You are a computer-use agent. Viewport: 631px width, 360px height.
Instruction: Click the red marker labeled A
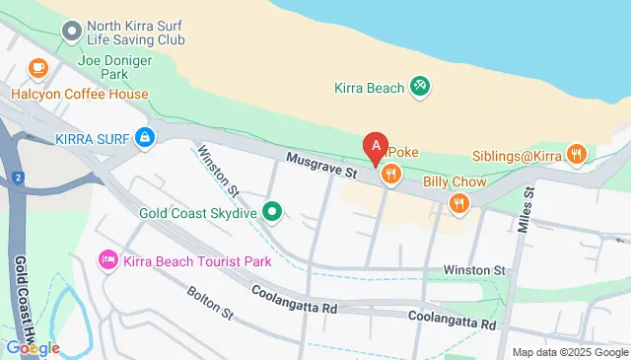(376, 149)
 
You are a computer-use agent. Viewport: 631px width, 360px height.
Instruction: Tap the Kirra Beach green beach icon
(420, 88)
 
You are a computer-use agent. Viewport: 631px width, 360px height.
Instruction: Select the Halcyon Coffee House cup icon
(37, 68)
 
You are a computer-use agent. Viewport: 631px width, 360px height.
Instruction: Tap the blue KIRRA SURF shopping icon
(145, 136)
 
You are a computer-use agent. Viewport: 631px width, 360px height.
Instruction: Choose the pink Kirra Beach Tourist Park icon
(107, 260)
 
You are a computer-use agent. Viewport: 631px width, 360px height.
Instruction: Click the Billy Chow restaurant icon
(457, 204)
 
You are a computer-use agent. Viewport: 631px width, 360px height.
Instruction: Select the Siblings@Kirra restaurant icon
(577, 154)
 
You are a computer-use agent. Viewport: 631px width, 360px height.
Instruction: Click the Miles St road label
(525, 210)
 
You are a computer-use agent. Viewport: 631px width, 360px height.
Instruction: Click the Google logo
(33, 347)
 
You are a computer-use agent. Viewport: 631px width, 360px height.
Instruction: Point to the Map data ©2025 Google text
(570, 352)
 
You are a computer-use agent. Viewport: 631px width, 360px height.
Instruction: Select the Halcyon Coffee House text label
(80, 95)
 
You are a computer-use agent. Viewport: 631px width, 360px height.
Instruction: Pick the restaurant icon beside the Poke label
(391, 176)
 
